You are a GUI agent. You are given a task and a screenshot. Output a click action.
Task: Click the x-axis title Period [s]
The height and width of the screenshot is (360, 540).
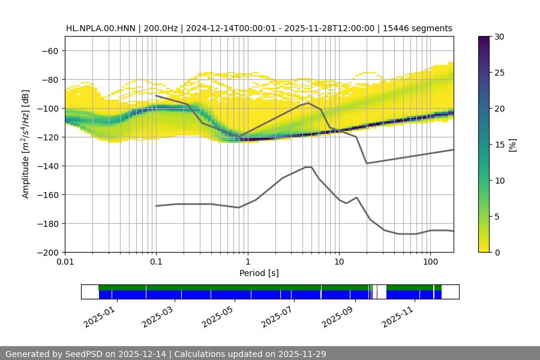click(259, 274)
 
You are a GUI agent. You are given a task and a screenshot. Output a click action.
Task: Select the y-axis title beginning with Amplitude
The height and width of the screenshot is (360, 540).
click(26, 144)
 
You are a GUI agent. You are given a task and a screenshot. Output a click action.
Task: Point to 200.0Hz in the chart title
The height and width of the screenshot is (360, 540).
click(163, 28)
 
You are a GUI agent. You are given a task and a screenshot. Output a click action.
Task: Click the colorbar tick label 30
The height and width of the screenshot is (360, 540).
click(499, 37)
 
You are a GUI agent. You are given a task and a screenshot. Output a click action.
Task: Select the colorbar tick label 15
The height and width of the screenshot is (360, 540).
click(499, 145)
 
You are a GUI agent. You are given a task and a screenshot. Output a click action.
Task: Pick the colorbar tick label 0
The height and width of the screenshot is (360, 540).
click(497, 253)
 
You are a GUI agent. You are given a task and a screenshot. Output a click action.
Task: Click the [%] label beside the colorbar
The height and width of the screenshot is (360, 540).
click(513, 144)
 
